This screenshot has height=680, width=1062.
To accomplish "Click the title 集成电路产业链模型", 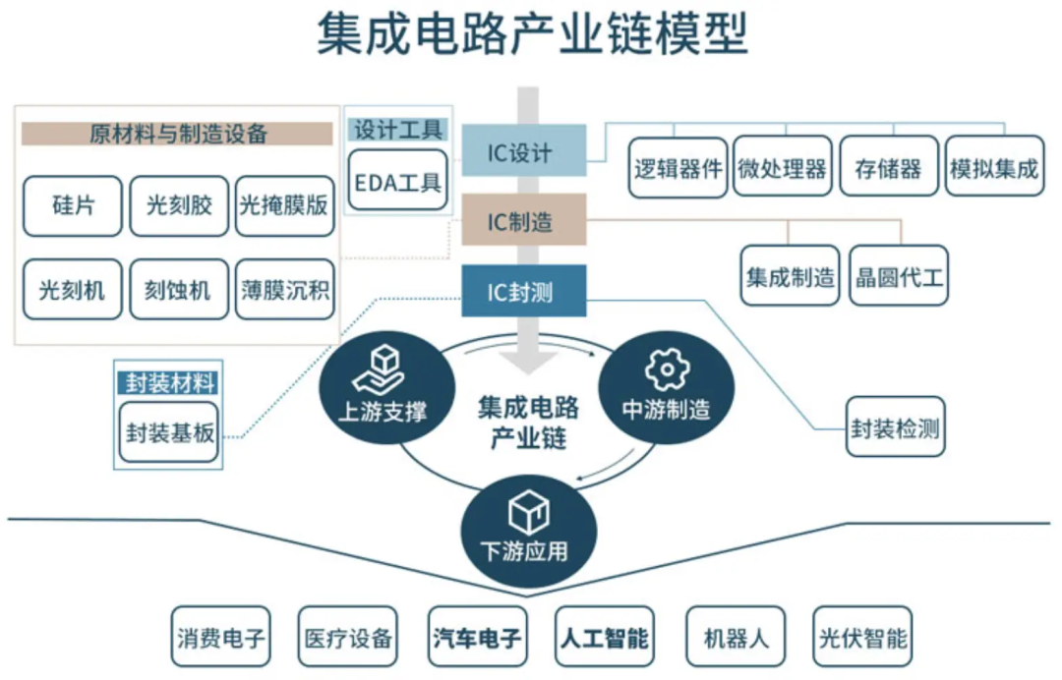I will pos(531,34).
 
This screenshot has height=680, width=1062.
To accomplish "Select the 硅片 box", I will pos(73,206).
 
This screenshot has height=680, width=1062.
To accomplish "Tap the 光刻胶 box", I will pos(179,206).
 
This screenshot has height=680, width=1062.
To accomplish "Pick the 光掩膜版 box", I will pos(284,206).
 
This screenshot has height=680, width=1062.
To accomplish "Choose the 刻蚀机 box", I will pos(179,290).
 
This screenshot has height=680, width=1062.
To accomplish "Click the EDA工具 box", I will pos(397,182).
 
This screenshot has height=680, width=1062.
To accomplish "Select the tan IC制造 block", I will pos(523,220).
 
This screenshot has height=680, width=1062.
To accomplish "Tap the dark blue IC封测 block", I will pos(523,291).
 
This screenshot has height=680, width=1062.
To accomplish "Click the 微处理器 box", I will pos(783,168).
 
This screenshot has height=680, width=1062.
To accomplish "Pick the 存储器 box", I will pos(889,168).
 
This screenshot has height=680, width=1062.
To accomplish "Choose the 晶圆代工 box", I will pos(899,276).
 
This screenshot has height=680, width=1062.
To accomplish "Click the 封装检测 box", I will pos(895,428).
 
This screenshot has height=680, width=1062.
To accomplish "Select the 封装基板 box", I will pos(169,431).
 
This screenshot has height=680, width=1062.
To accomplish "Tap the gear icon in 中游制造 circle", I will pos(666,369).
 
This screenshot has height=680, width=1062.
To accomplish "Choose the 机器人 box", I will pos(737,638).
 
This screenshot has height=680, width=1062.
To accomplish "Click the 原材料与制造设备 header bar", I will pos(177,134).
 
